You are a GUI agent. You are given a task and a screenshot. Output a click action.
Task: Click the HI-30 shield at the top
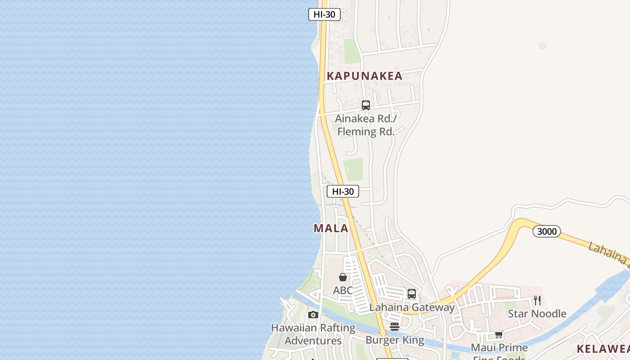pos(324,14)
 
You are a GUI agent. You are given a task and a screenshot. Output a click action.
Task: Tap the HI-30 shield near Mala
pos(342,191)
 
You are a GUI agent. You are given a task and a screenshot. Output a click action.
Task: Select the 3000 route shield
pos(547,231)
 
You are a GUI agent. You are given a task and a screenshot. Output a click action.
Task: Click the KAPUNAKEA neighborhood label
pos(364,76)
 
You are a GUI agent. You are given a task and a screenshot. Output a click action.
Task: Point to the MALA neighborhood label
pos(331,228)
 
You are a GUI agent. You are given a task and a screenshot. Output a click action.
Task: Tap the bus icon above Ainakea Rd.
pos(366,105)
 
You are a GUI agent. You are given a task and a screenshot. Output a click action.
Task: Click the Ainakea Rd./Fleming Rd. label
pos(366,126)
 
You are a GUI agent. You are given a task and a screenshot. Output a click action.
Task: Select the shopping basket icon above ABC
pos(343,277)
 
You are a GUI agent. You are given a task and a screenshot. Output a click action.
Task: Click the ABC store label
pos(343,290)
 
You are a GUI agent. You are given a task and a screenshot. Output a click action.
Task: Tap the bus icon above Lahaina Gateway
pos(412,294)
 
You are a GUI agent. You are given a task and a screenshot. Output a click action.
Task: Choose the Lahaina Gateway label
pos(412,307)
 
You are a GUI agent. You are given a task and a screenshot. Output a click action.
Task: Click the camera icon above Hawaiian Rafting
pos(313,315)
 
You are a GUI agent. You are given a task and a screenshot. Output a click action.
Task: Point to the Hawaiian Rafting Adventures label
pos(313,334)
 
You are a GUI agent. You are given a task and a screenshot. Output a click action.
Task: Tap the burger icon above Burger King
pos(395,327)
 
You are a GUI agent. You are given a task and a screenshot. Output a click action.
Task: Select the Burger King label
pos(395,340)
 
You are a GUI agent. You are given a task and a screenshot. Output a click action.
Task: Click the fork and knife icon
pos(537,301)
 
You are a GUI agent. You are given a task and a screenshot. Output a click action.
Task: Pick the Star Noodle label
pos(537,314)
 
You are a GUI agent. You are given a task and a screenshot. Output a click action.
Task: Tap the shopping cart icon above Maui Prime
pos(499,335)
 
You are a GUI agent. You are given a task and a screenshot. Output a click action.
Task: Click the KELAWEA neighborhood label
pos(603,349)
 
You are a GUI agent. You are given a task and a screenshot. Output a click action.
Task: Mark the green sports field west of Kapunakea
pos(352,51)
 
